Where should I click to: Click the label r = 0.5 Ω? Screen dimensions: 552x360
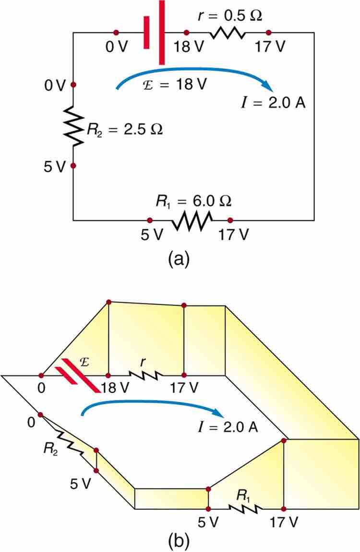(231, 16)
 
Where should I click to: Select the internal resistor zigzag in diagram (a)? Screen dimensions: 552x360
(227, 33)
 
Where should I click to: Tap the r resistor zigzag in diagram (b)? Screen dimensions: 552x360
(145, 375)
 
